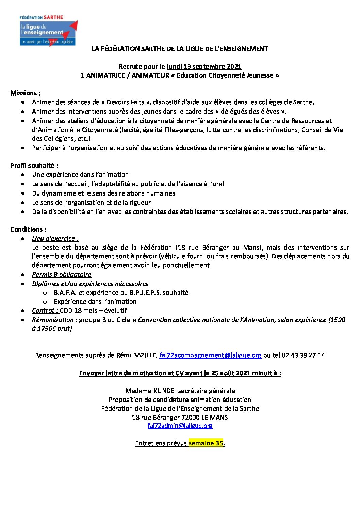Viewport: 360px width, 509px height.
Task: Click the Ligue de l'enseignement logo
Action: [x=48, y=31]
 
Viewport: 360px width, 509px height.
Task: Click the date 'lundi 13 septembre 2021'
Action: [x=204, y=66]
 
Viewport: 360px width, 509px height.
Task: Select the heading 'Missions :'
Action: [x=25, y=93]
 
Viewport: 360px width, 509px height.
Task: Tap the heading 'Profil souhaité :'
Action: [x=34, y=165]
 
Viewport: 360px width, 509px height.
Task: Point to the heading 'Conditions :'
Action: [x=28, y=229]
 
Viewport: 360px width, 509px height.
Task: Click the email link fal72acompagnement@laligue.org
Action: [x=210, y=355]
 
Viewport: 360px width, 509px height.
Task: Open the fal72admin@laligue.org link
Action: [x=180, y=426]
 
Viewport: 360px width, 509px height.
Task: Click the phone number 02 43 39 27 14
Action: [x=303, y=355]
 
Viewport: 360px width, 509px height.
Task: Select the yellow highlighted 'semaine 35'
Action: [x=206, y=443]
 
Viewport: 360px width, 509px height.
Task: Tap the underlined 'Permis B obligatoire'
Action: [x=62, y=274]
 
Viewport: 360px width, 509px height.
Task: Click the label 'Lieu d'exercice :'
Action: [x=55, y=238]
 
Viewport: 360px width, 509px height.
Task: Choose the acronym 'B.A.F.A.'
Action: [x=65, y=292]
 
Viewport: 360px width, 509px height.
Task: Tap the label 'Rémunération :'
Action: [x=54, y=320]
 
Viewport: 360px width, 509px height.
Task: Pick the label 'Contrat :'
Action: [x=45, y=310]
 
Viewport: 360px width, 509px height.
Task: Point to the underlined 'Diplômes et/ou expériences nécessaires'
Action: [x=90, y=284]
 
